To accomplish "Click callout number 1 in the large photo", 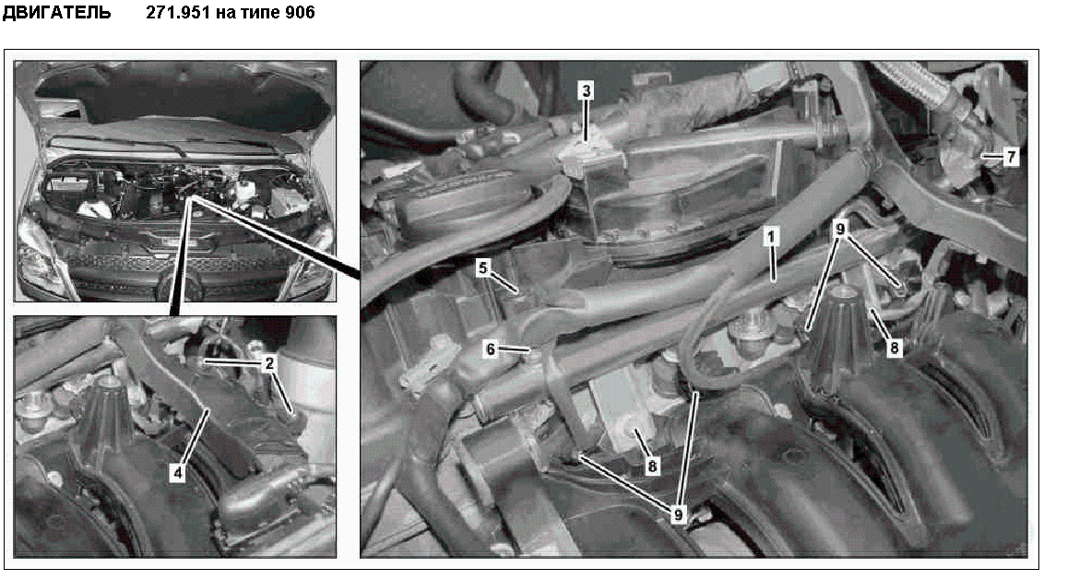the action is pyautogui.click(x=771, y=237).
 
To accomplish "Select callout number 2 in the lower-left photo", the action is pyautogui.click(x=269, y=362).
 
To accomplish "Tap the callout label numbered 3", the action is pyautogui.click(x=586, y=90).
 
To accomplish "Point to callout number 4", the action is pyautogui.click(x=178, y=473).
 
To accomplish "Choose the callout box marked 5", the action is pyautogui.click(x=483, y=267).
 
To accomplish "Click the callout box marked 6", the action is pyautogui.click(x=490, y=349).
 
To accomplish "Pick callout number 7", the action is pyautogui.click(x=1010, y=157).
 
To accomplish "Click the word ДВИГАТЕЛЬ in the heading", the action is pyautogui.click(x=56, y=12).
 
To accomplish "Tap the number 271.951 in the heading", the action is pyautogui.click(x=178, y=12).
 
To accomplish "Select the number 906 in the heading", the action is pyautogui.click(x=300, y=12).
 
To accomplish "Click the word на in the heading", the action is pyautogui.click(x=224, y=13).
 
